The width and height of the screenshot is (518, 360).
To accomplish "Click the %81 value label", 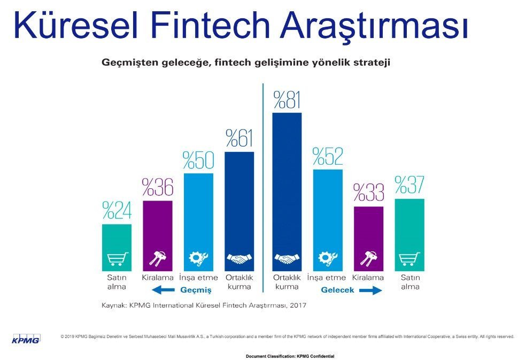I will (287, 100).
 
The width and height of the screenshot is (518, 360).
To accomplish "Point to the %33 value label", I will (368, 193).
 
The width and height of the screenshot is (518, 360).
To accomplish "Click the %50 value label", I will (198, 160).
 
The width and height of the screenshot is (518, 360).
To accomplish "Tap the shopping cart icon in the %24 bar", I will (117, 259).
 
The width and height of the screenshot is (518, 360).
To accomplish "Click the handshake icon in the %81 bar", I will (287, 259).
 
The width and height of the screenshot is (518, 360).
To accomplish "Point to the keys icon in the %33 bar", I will (368, 259).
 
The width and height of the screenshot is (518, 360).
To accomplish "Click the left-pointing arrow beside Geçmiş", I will (163, 290).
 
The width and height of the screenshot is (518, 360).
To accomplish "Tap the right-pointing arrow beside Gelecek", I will (369, 290).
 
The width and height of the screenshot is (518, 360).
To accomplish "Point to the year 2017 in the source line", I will (297, 306).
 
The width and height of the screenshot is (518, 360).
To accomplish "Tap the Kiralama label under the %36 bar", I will (158, 278).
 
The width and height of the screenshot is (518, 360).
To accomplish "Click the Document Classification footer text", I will (290, 356).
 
